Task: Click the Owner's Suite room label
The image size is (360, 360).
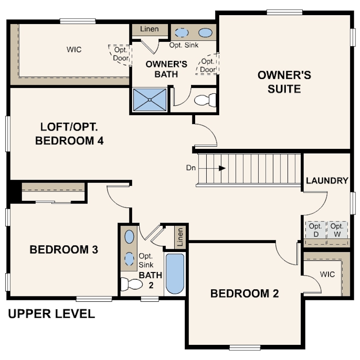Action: pos(284,82)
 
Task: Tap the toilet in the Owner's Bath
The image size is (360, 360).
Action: pos(205,100)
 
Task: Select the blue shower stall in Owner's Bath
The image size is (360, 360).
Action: pos(150,100)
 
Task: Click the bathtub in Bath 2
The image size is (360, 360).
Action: pos(175,273)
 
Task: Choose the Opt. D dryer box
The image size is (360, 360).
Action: pos(316,230)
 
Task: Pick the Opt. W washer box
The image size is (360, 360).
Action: pos(337,230)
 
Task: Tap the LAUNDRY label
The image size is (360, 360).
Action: pos(327,181)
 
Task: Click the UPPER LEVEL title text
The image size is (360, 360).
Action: pos(52,314)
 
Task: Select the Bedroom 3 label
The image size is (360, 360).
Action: pos(64,250)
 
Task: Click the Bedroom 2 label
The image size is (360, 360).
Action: pos(244,293)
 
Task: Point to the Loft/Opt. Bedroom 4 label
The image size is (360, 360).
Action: pos(69,134)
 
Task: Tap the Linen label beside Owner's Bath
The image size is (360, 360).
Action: pos(149,29)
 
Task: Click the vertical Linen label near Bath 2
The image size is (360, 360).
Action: pos(180,237)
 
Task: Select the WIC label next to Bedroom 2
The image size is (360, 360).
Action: pos(327,274)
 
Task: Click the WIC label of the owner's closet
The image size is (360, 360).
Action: pos(74,49)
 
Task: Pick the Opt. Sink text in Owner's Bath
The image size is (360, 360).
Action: pos(184,45)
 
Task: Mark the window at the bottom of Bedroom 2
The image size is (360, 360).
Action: pos(245,348)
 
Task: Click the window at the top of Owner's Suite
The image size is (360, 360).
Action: pos(284,12)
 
